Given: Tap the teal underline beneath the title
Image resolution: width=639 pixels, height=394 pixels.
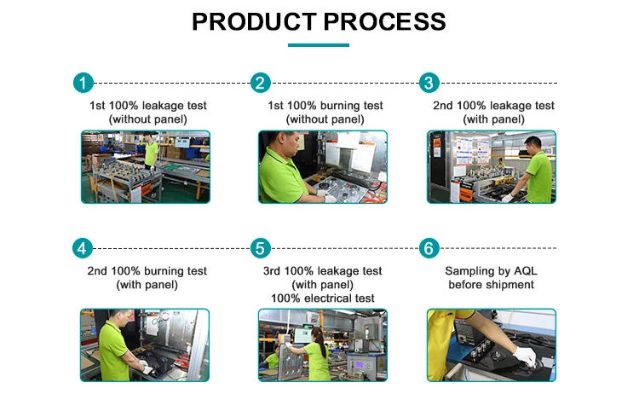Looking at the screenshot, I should [319, 44].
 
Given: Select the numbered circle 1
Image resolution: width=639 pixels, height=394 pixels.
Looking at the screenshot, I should [82, 83].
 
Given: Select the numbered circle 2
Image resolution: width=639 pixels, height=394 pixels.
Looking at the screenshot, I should [260, 83].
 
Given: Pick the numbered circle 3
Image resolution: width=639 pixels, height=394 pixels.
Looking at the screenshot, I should [429, 83].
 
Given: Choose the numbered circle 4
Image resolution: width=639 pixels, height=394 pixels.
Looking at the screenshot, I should [82, 248].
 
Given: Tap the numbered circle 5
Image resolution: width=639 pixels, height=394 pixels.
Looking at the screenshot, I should [260, 248].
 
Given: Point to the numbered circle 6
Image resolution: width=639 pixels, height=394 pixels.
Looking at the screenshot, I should [429, 248].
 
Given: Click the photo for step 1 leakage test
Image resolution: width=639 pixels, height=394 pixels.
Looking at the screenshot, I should [145, 166].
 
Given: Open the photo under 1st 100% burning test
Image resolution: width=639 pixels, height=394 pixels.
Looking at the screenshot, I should [322, 166].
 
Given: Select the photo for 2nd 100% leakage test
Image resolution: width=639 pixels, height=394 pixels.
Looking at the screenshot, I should [491, 166].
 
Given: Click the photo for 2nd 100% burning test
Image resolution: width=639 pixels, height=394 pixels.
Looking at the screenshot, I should [145, 345].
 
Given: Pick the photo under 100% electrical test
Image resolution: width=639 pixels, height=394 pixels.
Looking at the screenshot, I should [322, 345].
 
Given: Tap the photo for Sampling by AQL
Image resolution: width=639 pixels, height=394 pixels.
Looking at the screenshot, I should [491, 345].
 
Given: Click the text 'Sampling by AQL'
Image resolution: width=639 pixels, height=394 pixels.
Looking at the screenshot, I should [491, 271].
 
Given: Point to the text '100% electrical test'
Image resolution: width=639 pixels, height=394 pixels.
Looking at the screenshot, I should [322, 298].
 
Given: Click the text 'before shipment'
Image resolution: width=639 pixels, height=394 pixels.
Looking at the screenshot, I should [491, 284].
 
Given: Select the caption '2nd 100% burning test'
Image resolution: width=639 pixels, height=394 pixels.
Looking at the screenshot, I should [147, 271].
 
